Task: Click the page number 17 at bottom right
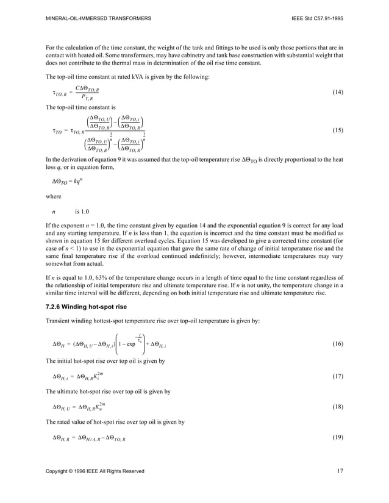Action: (x=340, y=471)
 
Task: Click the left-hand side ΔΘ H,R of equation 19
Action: (x=62, y=438)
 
